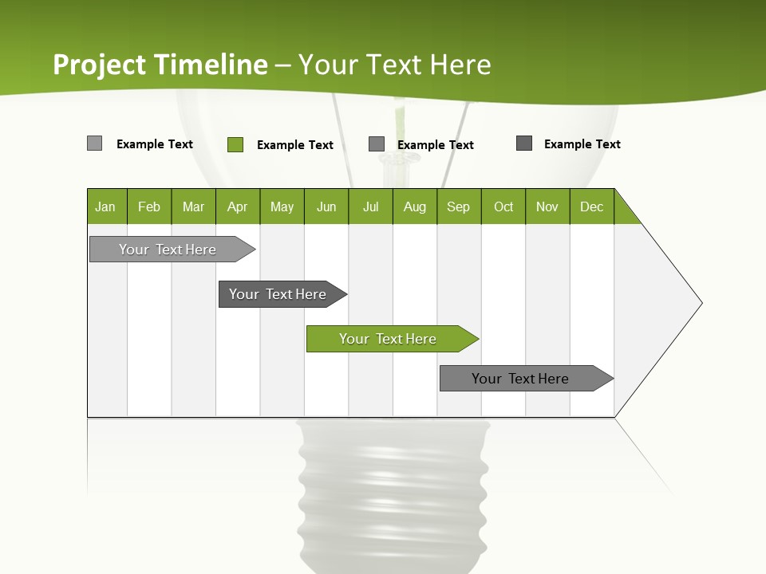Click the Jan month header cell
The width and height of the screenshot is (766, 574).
pyautogui.click(x=106, y=206)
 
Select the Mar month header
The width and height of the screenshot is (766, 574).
pyautogui.click(x=193, y=206)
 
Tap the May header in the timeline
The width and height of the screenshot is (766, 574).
pyautogui.click(x=282, y=206)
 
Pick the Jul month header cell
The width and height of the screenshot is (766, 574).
pyautogui.click(x=370, y=206)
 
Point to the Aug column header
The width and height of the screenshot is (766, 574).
pyautogui.click(x=414, y=206)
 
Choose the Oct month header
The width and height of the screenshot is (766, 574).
pyautogui.click(x=503, y=206)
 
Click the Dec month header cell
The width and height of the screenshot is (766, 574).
pyautogui.click(x=591, y=206)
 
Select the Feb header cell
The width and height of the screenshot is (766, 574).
pyautogui.click(x=149, y=206)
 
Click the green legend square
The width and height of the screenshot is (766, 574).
pyautogui.click(x=235, y=144)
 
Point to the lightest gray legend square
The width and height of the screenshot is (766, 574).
pyautogui.click(x=95, y=143)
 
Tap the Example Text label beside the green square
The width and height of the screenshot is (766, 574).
pyautogui.click(x=294, y=145)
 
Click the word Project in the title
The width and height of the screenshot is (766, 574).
pyautogui.click(x=101, y=65)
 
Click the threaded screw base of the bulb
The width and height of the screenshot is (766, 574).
pyautogui.click(x=393, y=494)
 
